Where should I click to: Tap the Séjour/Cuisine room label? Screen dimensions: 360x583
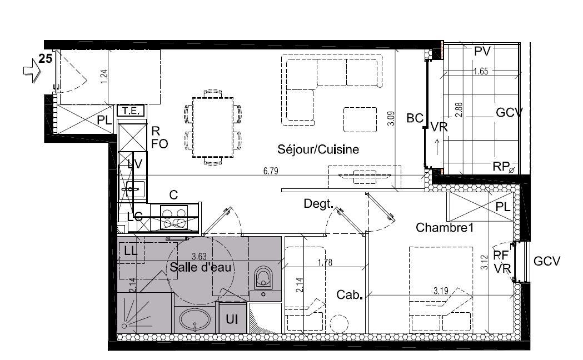318,149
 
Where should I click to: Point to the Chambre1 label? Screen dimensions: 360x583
444,227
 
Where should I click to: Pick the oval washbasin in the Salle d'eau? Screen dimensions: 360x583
195,321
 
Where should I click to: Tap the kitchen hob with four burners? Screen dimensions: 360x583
175,217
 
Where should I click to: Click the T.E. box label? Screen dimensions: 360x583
131,111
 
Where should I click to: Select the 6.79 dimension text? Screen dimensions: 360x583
271,172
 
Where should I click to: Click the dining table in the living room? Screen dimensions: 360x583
213,128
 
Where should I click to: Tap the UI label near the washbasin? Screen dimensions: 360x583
233,319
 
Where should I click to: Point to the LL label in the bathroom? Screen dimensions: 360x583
131,251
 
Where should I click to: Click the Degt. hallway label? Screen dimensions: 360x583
318,204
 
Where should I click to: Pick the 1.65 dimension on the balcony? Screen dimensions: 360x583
481,71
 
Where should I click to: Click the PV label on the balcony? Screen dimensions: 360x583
482,52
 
